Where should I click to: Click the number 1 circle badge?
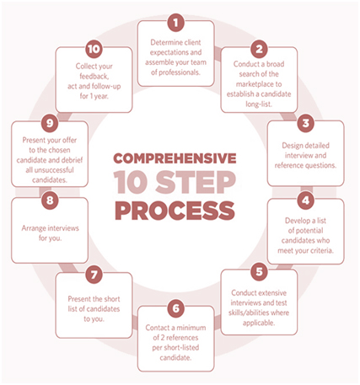pyautogui.click(x=176, y=23)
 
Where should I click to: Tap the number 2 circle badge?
pyautogui.click(x=259, y=49)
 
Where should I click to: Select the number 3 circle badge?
pyautogui.click(x=305, y=123)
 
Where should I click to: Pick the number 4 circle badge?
pyautogui.click(x=305, y=201)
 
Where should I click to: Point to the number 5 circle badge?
pyautogui.click(x=259, y=271)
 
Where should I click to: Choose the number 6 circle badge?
pyautogui.click(x=176, y=308)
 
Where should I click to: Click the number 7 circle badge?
pyautogui.click(x=94, y=275)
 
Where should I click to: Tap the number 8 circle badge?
pyautogui.click(x=50, y=201)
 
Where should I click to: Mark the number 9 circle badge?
pyautogui.click(x=50, y=123)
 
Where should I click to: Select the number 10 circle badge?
pyautogui.click(x=94, y=49)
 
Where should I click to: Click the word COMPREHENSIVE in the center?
pyautogui.click(x=175, y=158)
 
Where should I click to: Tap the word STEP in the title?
pyautogui.click(x=196, y=183)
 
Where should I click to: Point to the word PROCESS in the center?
pyautogui.click(x=175, y=211)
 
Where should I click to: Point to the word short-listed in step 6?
pyautogui.click(x=180, y=348)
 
